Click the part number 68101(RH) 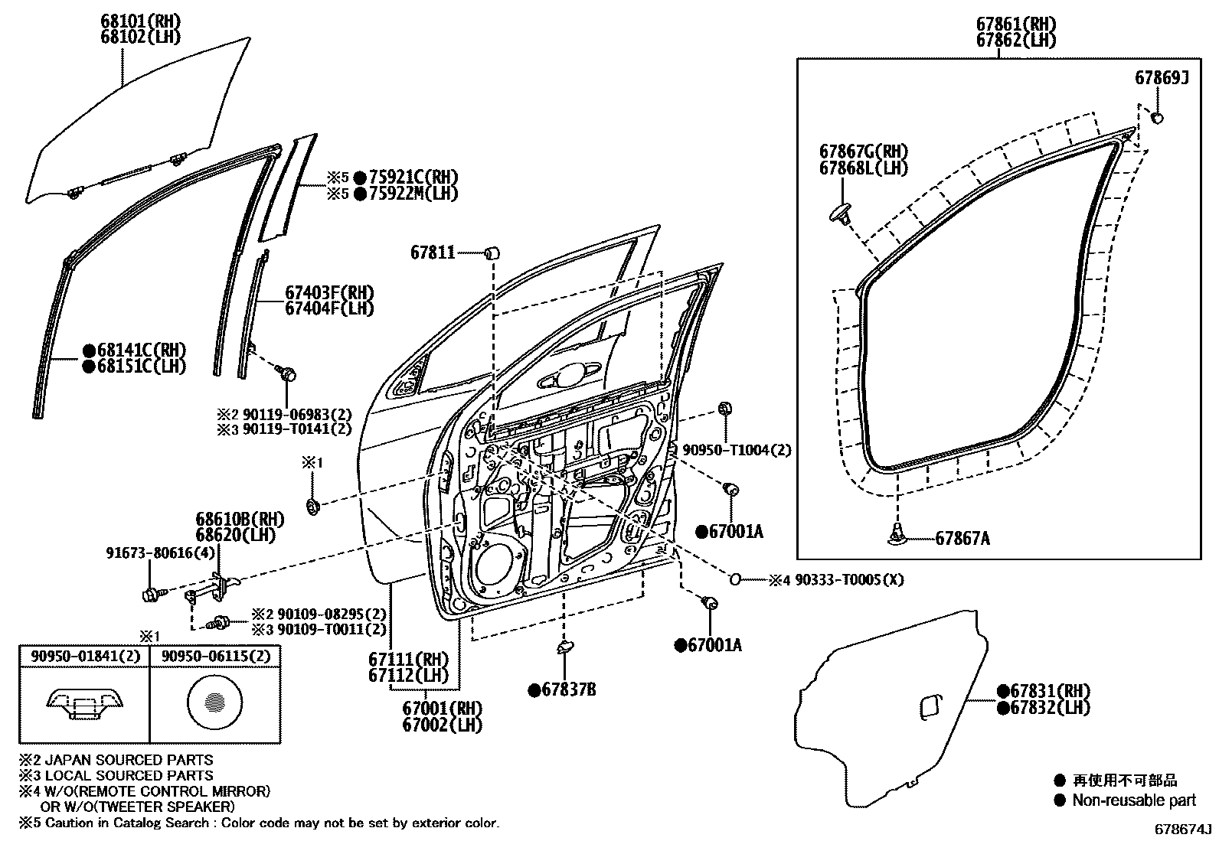tap(143, 20)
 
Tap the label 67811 tap(433, 252)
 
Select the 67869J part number tap(1161, 78)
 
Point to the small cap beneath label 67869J tap(1158, 118)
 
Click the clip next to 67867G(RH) tap(842, 212)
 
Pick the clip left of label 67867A tap(897, 538)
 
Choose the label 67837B tap(568, 690)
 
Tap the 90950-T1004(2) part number tap(736, 451)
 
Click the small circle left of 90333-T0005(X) tap(734, 579)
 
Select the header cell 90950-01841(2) tap(84, 657)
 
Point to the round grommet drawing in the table tap(215, 701)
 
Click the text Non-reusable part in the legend tap(1134, 800)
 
